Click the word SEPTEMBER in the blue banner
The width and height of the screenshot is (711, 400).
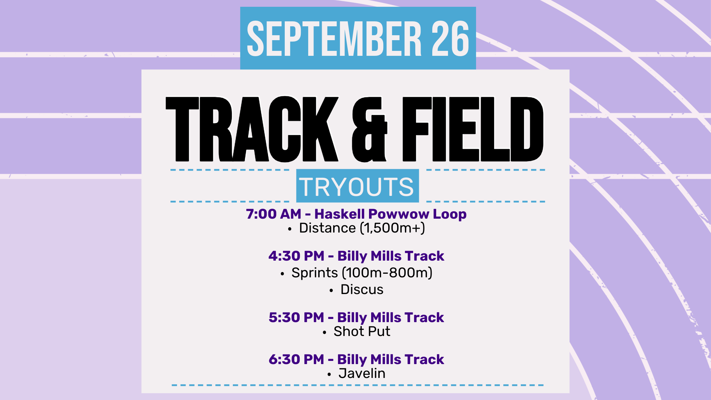(334, 38)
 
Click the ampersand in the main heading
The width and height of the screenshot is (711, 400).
(369, 130)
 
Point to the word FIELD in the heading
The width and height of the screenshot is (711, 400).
(473, 129)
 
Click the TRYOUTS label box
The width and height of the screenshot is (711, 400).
(357, 186)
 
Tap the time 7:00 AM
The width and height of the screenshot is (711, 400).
(273, 214)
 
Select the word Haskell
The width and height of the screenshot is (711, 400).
(340, 214)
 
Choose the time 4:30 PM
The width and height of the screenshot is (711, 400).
(296, 256)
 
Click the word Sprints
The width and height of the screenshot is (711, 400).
(315, 273)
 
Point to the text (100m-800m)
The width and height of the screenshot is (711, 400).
(387, 273)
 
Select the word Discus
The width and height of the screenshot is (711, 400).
(362, 289)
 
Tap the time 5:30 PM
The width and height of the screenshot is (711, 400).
(296, 318)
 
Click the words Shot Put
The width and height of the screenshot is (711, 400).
(362, 331)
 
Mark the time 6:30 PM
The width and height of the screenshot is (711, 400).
(296, 359)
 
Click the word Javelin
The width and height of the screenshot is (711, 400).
(362, 373)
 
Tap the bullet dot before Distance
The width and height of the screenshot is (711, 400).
(290, 229)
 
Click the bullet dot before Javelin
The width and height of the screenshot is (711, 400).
(329, 374)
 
